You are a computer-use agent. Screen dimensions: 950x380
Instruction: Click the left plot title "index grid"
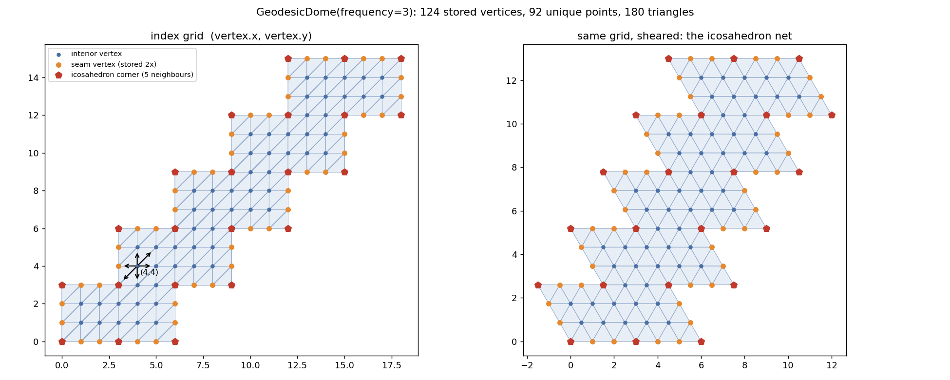click(231, 36)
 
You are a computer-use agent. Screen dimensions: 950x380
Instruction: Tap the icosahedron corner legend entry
click(124, 75)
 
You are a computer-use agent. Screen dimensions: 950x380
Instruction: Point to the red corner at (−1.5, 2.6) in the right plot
click(538, 285)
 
